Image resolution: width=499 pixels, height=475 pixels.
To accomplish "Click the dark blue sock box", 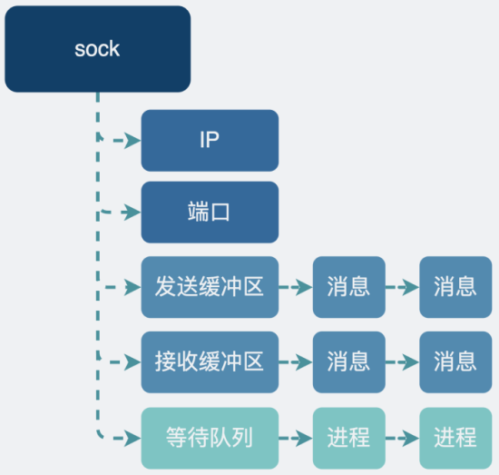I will click(97, 49).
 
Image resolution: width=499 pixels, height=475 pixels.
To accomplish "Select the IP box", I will click(210, 141).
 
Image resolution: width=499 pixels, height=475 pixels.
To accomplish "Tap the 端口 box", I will click(210, 213).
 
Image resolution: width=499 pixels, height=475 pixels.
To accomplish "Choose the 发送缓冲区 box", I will click(210, 287).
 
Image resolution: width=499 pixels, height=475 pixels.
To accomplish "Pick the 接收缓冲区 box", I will click(210, 361).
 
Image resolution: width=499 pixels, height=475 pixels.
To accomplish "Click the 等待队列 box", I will click(210, 437).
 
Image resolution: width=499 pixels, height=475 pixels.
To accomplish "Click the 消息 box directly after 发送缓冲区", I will click(349, 287).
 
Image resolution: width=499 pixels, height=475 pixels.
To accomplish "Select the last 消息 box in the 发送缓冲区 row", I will click(455, 287).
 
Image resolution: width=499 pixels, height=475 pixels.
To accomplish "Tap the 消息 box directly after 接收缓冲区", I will click(349, 361).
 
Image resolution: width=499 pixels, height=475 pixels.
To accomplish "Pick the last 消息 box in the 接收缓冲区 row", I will click(455, 361).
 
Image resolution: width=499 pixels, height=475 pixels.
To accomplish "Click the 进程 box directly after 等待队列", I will click(349, 437).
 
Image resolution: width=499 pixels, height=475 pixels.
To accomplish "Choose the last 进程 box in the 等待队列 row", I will click(455, 437).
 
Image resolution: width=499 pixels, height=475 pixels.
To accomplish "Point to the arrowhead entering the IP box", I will click(132, 141).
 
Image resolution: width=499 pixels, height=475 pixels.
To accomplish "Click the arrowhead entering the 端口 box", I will click(132, 213).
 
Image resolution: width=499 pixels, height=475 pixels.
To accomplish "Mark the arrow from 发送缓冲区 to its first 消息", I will click(296, 287).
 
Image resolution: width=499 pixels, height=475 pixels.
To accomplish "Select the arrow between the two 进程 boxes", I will click(402, 437).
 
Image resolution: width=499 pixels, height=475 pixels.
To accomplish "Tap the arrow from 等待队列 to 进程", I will click(296, 437).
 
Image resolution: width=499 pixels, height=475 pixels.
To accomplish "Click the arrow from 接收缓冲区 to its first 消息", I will click(296, 361).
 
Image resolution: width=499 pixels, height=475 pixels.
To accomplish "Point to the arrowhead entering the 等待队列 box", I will click(132, 437).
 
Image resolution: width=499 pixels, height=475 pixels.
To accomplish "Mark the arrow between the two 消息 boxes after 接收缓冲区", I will click(402, 361).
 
